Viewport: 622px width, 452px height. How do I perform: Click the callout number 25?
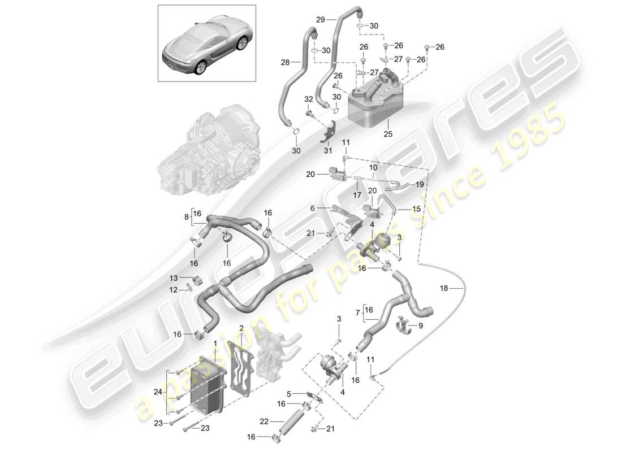coord(387,134)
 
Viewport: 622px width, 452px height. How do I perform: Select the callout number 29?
coord(320,19)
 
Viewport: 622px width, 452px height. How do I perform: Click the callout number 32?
coord(308,99)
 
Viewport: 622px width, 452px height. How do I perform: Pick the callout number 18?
coord(444,288)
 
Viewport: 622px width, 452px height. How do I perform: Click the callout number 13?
coord(174,277)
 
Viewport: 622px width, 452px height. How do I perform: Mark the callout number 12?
coord(174,289)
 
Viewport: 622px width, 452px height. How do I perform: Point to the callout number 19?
coord(420,185)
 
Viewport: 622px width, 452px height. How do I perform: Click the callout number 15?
coord(417,209)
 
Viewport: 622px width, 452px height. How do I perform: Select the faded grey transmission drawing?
coord(209,147)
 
